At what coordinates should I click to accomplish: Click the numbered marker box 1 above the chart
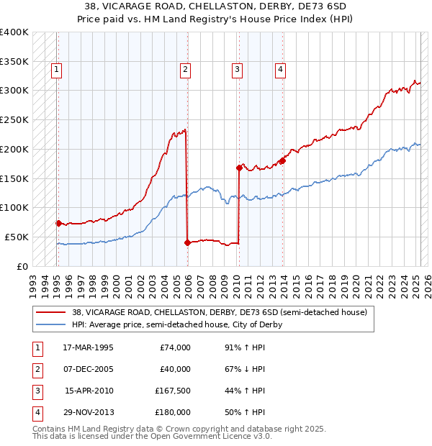[56, 70]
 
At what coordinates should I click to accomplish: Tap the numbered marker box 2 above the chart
[185, 70]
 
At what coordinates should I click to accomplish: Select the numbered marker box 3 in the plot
[237, 70]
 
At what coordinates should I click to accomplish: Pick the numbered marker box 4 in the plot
[280, 70]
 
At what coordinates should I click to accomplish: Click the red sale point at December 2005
[187, 242]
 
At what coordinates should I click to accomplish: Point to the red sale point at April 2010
[239, 168]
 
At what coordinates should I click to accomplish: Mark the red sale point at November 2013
[282, 160]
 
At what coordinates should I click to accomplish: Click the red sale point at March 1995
[58, 222]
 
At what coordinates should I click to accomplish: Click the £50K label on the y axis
[16, 237]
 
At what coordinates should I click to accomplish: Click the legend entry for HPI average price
[176, 324]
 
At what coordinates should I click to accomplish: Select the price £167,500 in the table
[172, 391]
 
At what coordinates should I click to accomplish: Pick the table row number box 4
[36, 412]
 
